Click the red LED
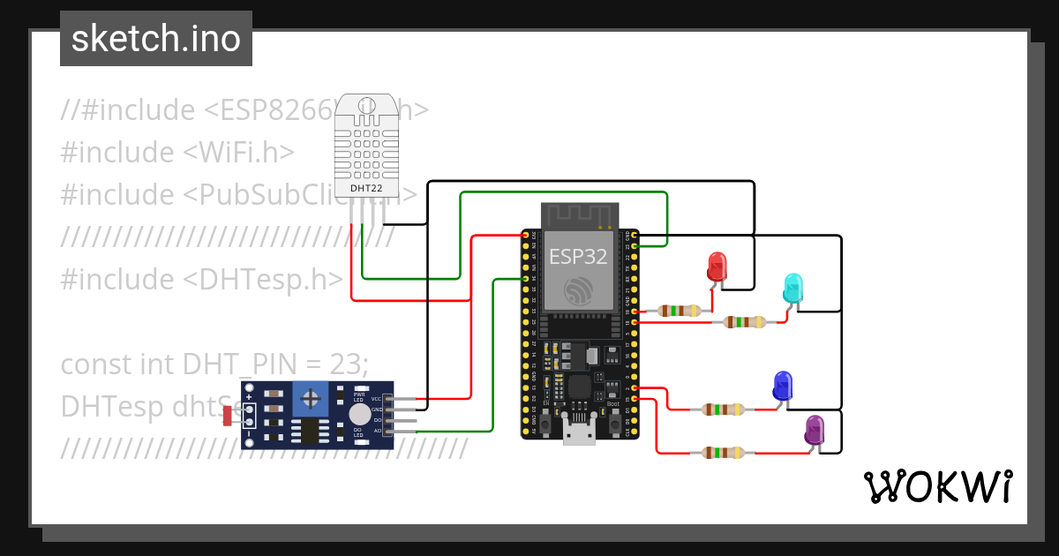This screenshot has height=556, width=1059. (x=717, y=267)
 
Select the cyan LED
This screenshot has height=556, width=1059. (x=793, y=289)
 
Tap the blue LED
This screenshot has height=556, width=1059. (x=782, y=386)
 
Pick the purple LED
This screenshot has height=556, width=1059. (x=814, y=431)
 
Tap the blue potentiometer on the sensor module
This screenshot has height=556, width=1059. (x=310, y=400)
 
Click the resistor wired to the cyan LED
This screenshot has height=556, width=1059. (x=745, y=322)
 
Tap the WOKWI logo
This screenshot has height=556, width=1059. (x=937, y=487)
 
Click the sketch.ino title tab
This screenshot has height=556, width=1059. (x=156, y=39)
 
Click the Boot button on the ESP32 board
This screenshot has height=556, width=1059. (x=612, y=427)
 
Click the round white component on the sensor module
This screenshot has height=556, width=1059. (x=359, y=416)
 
